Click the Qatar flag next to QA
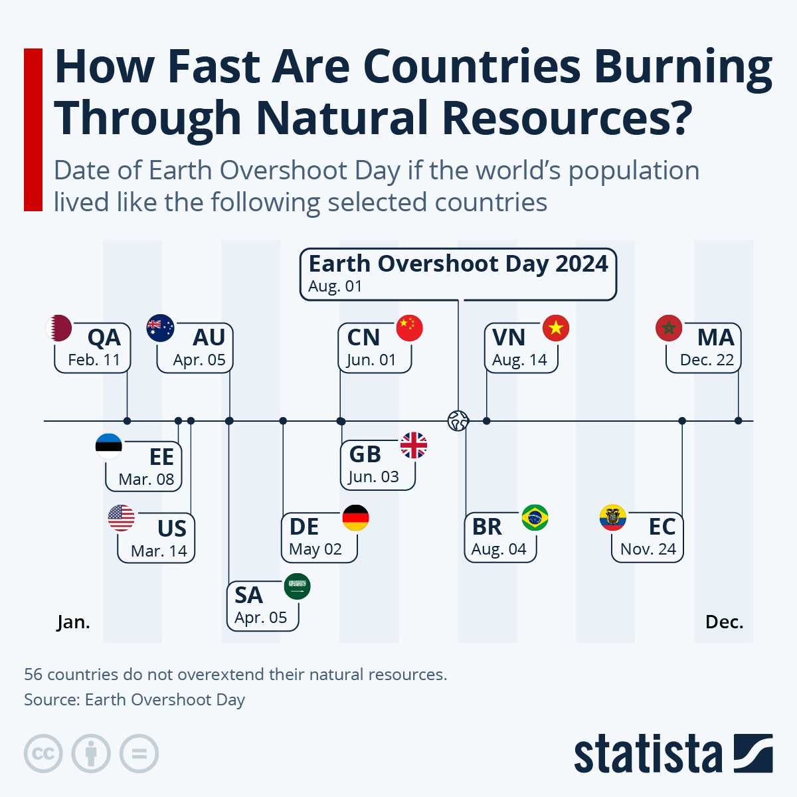point(58,328)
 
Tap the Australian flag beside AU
point(160,328)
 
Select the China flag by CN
point(409,328)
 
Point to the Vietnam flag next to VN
point(556,328)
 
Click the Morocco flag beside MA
point(669,328)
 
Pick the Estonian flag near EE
point(109,446)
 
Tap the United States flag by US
point(122,518)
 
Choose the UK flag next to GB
point(414,446)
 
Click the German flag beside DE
point(355,518)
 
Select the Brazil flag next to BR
point(535,518)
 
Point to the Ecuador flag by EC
point(612,518)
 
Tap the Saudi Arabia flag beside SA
point(297,586)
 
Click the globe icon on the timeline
point(458,420)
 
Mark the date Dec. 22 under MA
point(707,360)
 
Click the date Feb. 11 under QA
point(94,360)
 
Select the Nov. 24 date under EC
point(648,549)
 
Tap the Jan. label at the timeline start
point(73,622)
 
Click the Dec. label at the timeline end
point(724,622)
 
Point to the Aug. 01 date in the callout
point(335,287)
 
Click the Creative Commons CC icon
point(43,754)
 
